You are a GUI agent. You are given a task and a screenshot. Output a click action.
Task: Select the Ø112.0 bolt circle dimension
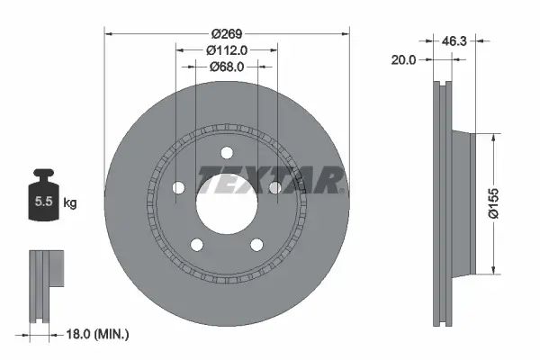click(227, 49)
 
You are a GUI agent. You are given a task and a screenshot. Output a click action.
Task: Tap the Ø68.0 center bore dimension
click(227, 67)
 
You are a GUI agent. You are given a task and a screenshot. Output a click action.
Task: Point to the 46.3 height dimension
click(454, 40)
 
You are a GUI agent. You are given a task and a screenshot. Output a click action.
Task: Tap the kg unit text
click(70, 204)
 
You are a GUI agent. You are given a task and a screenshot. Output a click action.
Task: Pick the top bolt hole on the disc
click(227, 151)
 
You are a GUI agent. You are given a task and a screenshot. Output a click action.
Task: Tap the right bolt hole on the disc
click(275, 187)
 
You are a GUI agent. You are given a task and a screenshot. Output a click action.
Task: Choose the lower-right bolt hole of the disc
click(257, 243)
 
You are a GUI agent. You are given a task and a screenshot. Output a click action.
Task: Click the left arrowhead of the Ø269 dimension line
click(111, 34)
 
